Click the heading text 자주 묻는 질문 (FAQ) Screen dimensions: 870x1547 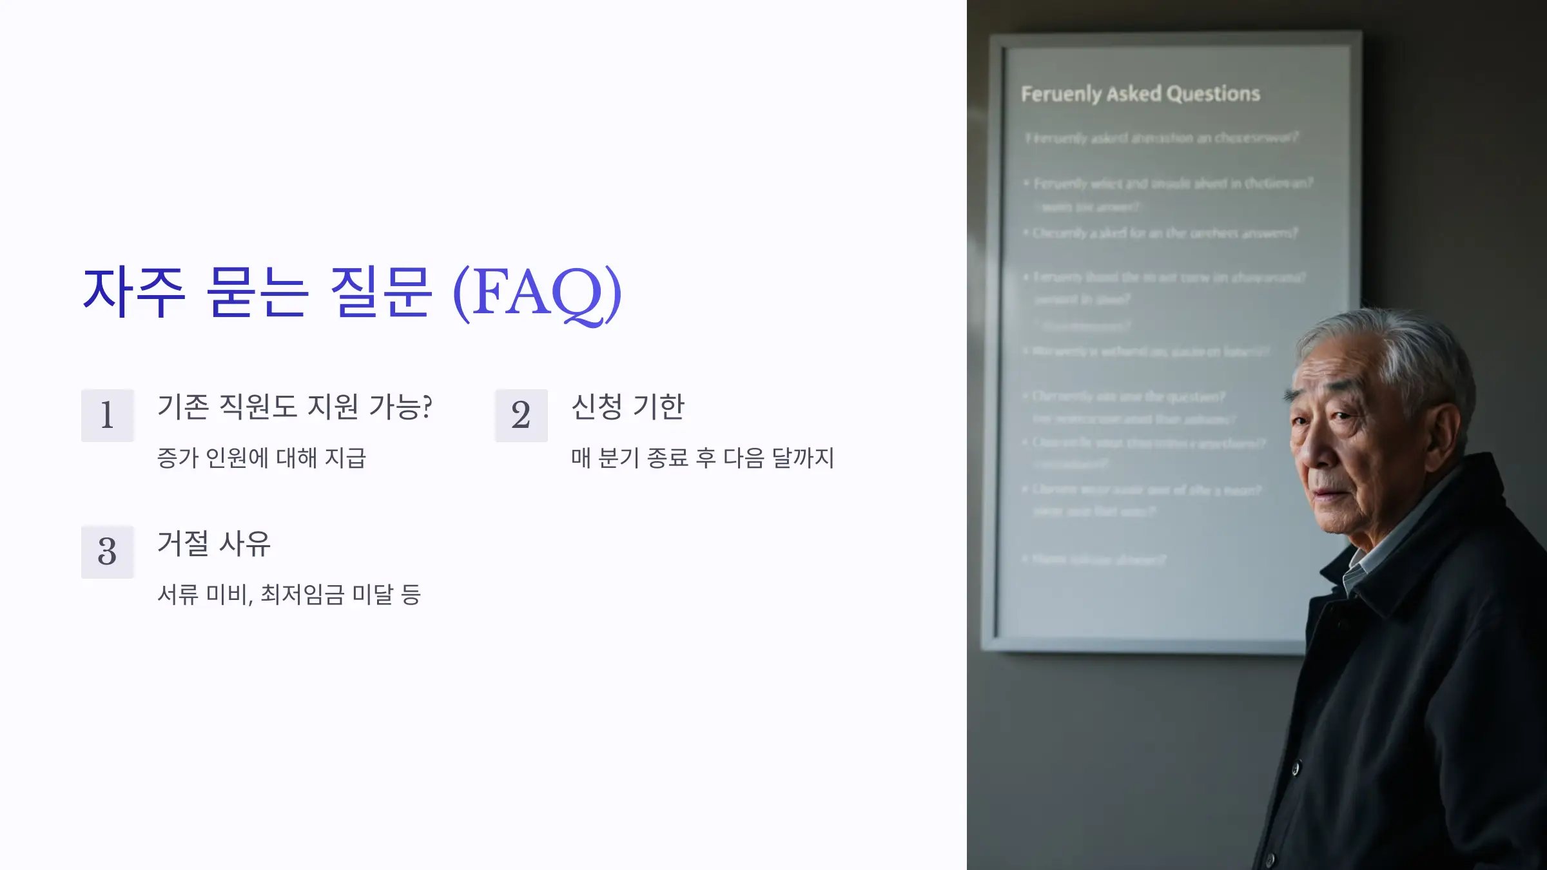(352, 293)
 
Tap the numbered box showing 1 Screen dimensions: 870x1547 (108, 415)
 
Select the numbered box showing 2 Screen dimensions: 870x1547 (521, 415)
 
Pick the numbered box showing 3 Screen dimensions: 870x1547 (108, 552)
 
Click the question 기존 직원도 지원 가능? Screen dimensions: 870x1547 (295, 407)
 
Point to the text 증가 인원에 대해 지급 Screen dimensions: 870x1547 (262, 458)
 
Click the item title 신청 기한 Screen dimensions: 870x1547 (628, 407)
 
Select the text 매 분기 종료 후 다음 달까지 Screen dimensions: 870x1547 (703, 458)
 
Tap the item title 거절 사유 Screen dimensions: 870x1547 (214, 544)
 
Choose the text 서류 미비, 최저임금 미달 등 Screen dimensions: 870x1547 (289, 595)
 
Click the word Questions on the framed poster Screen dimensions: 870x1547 (1213, 94)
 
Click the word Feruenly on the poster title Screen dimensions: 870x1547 (1061, 95)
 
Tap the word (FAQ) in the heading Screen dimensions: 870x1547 (537, 293)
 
